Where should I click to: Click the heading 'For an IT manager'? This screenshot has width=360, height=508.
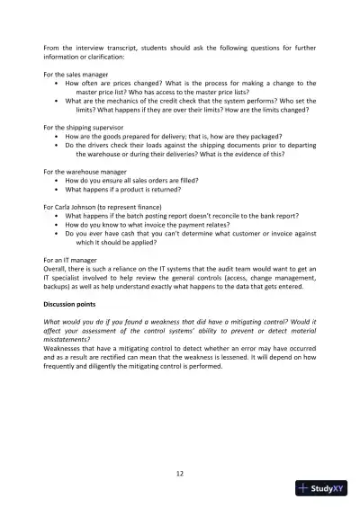[72, 259]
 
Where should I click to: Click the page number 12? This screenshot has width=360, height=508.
[180, 473]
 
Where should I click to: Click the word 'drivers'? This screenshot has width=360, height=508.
[100, 145]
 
